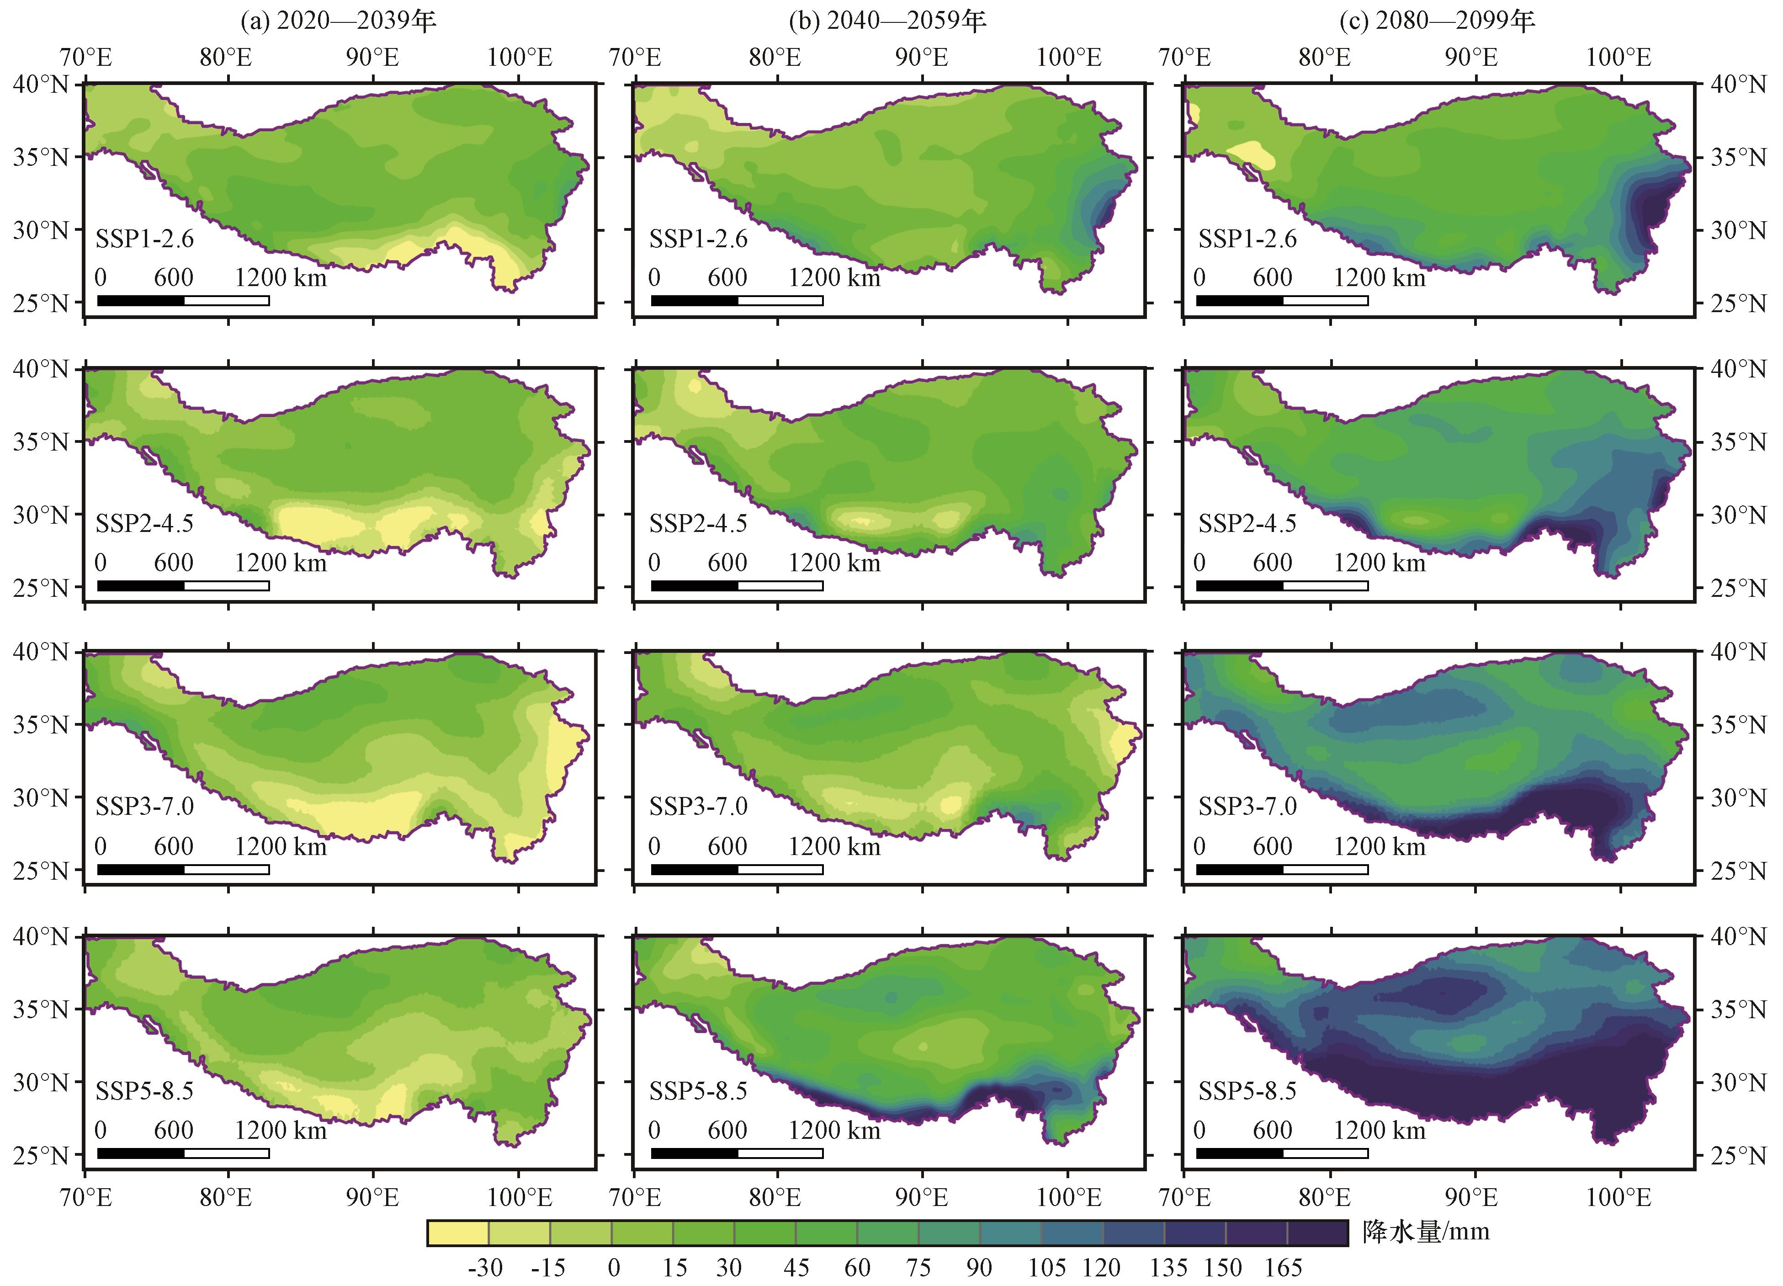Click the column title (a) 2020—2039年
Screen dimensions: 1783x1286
click(x=338, y=21)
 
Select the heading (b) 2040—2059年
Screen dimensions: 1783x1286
click(x=887, y=21)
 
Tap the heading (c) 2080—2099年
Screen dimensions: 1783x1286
click(x=1437, y=21)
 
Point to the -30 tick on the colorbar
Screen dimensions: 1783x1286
click(x=485, y=1267)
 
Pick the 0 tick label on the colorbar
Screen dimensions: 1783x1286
click(x=613, y=1267)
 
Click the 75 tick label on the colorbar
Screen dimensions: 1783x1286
click(x=918, y=1267)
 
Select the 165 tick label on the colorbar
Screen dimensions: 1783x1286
click(x=1283, y=1267)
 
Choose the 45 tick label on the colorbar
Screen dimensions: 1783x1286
click(x=796, y=1267)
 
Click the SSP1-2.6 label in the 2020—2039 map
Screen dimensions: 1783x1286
click(x=145, y=239)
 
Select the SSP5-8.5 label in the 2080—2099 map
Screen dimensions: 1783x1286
click(x=1247, y=1091)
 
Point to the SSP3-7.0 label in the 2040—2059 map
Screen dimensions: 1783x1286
click(x=698, y=807)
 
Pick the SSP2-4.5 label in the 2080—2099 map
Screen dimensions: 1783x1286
click(x=1247, y=524)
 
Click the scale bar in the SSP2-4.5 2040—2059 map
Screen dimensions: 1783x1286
click(x=737, y=585)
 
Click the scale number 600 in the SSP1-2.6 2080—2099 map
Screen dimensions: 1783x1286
click(x=1272, y=277)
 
